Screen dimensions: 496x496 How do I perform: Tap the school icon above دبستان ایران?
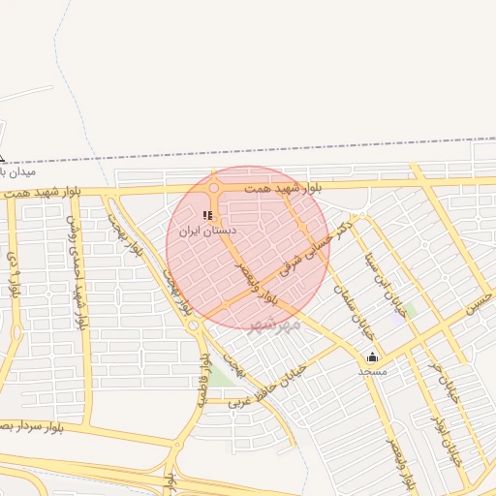pyautogui.click(x=207, y=215)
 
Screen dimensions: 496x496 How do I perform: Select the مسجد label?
pyautogui.click(x=372, y=371)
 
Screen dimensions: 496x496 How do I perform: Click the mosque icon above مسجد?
pyautogui.click(x=373, y=356)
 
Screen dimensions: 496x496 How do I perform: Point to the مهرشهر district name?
pyautogui.click(x=275, y=325)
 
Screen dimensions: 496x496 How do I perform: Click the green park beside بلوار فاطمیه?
pyautogui.click(x=222, y=378)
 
